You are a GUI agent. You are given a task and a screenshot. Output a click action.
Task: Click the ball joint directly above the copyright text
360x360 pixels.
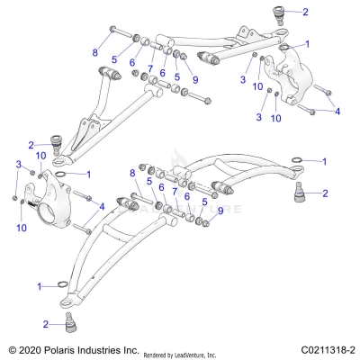67,320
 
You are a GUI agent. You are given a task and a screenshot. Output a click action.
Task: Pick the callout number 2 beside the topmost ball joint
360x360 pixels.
304,13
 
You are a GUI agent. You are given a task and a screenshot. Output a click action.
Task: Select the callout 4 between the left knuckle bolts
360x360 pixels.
102,207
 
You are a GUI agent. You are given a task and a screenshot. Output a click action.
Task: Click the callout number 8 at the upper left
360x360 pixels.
94,53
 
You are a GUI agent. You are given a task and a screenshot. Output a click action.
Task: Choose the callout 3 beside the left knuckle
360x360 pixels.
18,163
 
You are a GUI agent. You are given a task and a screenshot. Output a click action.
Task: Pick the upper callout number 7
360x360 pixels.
150,68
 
